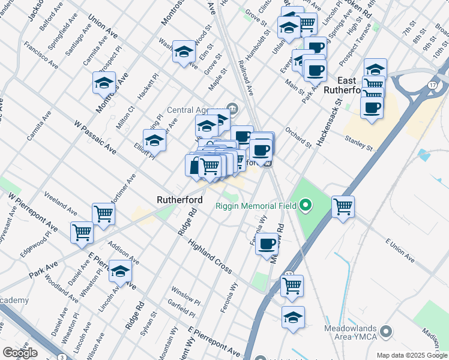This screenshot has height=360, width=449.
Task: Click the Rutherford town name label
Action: pos(179,200)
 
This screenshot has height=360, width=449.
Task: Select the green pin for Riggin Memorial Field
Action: pos(306,206)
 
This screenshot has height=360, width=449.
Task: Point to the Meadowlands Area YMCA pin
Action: pos(387,331)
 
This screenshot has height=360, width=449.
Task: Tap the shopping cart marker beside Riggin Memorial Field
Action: pos(343,207)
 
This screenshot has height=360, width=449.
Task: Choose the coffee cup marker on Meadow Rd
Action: pos(267,244)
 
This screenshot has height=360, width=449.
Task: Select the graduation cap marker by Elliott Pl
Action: pos(154,140)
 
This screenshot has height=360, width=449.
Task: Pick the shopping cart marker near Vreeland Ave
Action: pos(104,213)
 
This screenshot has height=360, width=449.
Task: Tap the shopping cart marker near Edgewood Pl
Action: pos(82,232)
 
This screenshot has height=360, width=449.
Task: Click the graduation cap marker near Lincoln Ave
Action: pos(120,271)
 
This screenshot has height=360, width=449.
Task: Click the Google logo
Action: pos(20,352)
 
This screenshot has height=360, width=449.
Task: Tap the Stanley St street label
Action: pos(359,143)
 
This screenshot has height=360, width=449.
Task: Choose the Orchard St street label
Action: pos(298,137)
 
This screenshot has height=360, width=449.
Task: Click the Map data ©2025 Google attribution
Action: pos(412,355)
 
